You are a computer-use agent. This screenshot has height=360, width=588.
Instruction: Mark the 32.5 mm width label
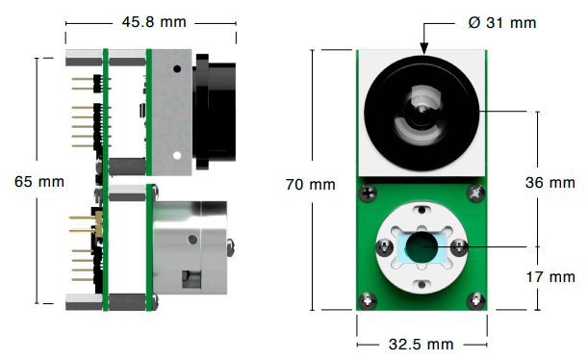pyautogui.click(x=421, y=344)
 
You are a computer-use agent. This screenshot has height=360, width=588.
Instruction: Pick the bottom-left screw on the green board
pyautogui.click(x=367, y=300)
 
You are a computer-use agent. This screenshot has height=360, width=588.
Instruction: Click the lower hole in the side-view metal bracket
pyautogui.click(x=176, y=154)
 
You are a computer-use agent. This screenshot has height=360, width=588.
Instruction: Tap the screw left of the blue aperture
pyautogui.click(x=384, y=248)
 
